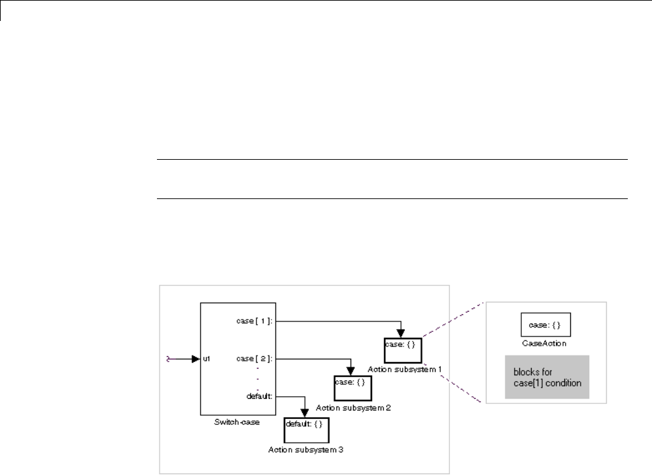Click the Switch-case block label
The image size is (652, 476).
(237, 422)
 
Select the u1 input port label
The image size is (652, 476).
(207, 359)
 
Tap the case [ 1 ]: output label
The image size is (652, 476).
(257, 321)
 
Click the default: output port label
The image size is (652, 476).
(260, 396)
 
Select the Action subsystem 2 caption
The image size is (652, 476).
(354, 407)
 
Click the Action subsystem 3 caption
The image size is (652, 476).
(306, 450)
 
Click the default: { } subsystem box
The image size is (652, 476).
(306, 430)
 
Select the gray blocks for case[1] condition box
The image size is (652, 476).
(547, 377)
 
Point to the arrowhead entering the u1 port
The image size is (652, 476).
(196, 359)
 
